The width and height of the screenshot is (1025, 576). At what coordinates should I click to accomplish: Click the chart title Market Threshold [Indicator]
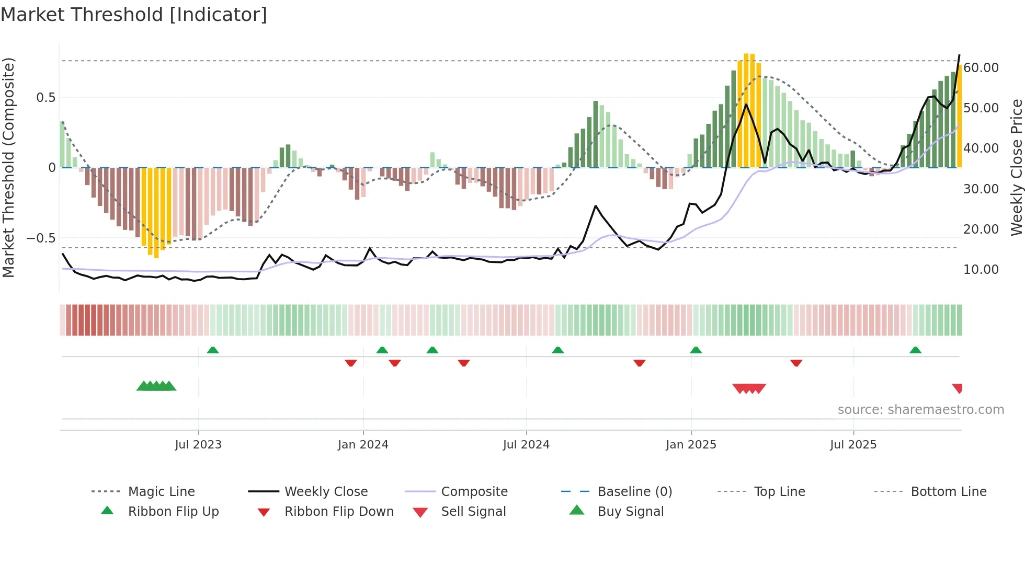(x=134, y=15)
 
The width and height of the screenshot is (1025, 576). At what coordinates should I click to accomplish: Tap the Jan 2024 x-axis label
(x=363, y=444)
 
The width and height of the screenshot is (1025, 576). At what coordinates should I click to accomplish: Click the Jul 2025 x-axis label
(x=853, y=444)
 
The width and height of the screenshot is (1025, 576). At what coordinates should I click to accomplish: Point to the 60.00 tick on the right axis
(x=981, y=67)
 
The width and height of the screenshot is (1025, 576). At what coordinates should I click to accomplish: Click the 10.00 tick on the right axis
(x=981, y=269)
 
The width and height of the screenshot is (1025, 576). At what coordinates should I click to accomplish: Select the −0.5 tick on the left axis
(x=41, y=238)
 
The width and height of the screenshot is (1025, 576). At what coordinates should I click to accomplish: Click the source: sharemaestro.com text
(x=920, y=409)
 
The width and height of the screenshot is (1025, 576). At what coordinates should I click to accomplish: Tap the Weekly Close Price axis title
(x=1016, y=167)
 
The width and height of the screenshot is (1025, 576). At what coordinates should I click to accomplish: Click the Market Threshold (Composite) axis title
(x=8, y=167)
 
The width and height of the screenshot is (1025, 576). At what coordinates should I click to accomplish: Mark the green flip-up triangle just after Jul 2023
(x=213, y=350)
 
